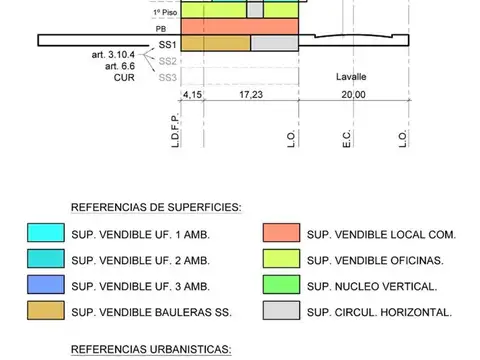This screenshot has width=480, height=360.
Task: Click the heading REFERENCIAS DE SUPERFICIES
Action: [x=155, y=208]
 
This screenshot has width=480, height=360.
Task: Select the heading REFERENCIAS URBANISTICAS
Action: [x=150, y=350]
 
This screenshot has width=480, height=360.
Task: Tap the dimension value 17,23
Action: [x=251, y=94]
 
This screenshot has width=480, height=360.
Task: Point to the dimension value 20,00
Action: [x=353, y=94]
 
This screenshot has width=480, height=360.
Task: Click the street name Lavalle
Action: [x=353, y=77]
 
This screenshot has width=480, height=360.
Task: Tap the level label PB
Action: [x=161, y=30]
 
